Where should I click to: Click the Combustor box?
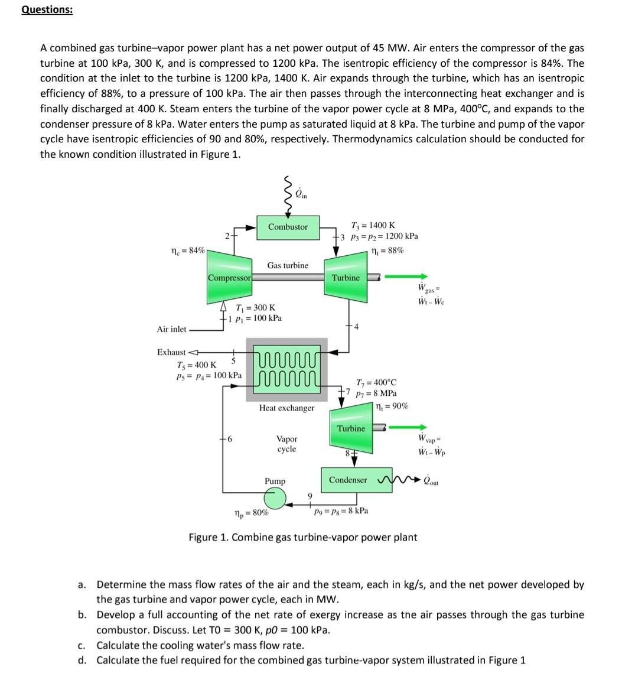(x=288, y=227)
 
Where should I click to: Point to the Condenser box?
(x=348, y=480)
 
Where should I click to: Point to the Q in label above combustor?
(x=301, y=193)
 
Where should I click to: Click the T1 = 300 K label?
(x=255, y=308)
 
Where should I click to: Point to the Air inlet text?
(x=171, y=329)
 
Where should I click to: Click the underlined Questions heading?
(x=47, y=10)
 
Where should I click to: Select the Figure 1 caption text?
(x=302, y=537)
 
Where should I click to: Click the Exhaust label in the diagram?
(x=171, y=352)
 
